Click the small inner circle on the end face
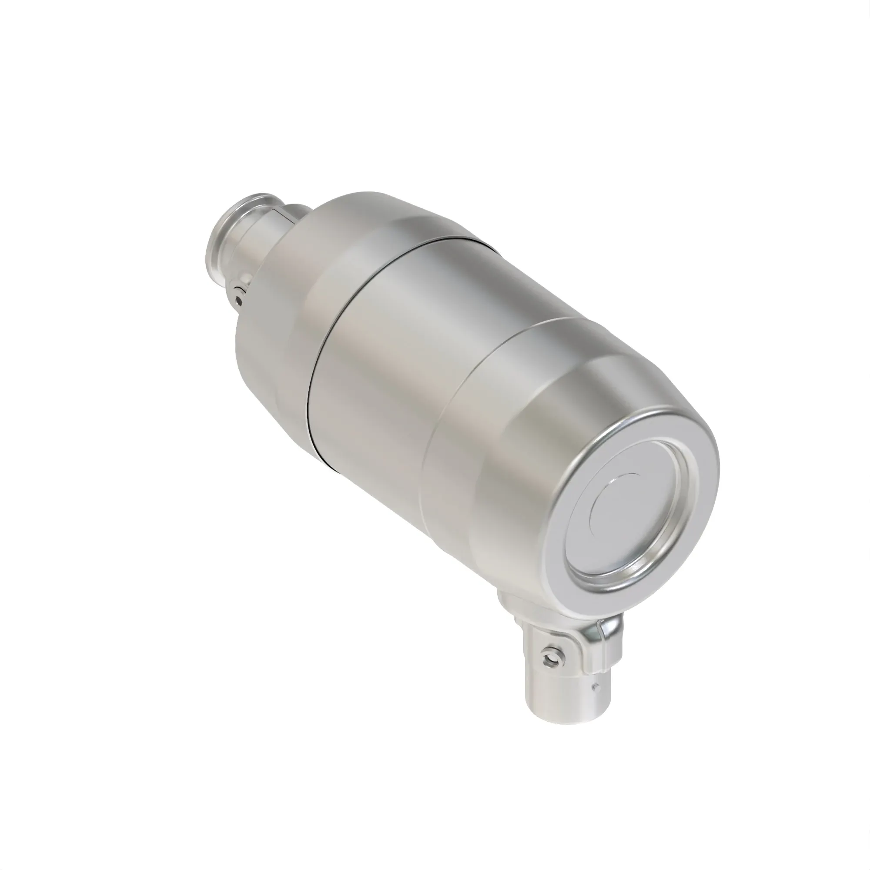(617, 504)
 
